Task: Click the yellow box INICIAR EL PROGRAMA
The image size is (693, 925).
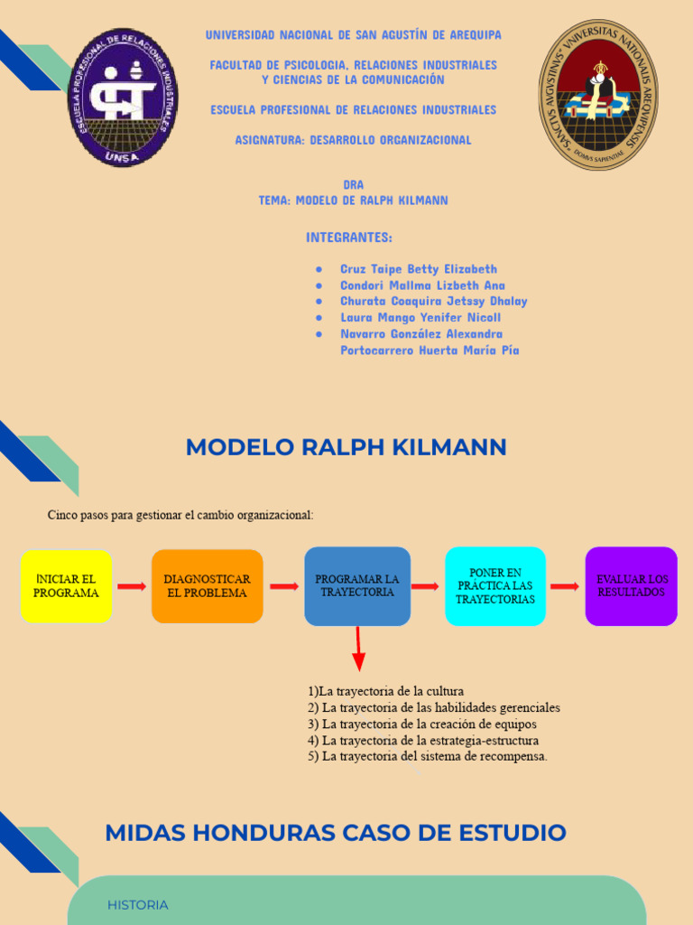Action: click(x=66, y=585)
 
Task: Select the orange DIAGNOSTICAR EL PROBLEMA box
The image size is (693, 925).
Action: click(x=207, y=585)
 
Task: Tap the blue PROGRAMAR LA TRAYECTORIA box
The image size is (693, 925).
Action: click(x=357, y=585)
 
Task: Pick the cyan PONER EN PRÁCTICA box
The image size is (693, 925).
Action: click(x=494, y=585)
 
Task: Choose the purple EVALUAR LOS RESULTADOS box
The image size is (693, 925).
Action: click(x=631, y=585)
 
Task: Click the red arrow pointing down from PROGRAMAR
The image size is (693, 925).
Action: click(x=358, y=648)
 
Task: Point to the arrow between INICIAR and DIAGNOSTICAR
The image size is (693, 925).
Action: click(x=131, y=586)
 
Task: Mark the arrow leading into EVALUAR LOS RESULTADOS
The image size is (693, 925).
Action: click(x=565, y=586)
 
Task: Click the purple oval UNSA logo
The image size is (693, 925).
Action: click(x=122, y=97)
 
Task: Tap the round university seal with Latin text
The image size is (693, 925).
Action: click(x=598, y=94)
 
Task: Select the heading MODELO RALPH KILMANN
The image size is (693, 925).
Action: click(x=346, y=447)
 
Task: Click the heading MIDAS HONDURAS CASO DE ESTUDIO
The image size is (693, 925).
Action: click(x=336, y=832)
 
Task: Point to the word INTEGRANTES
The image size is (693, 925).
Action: click(x=349, y=238)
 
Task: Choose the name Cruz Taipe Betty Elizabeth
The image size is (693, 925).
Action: click(x=418, y=269)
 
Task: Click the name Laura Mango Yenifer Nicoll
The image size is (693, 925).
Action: click(x=420, y=318)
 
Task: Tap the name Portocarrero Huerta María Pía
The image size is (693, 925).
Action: click(x=430, y=350)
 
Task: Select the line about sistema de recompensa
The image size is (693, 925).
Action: click(x=428, y=756)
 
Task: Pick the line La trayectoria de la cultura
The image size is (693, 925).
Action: click(x=385, y=691)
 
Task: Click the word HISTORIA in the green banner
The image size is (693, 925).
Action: click(x=137, y=904)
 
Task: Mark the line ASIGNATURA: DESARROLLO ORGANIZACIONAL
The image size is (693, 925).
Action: click(x=353, y=140)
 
